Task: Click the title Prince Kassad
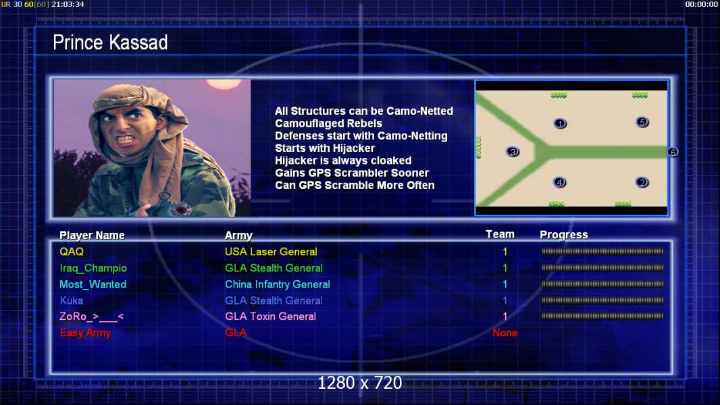coord(110,43)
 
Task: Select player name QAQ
coord(72,252)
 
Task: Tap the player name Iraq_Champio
coord(93,269)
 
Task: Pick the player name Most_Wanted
coord(93,284)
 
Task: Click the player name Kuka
coord(72,301)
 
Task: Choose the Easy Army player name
coord(85,333)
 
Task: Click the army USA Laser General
coord(271,252)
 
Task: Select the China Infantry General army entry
coord(278,284)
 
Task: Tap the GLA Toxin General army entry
coord(270,317)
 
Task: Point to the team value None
coord(505,333)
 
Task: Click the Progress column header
coord(564,235)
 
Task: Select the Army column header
coord(239,236)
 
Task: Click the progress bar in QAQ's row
coord(602,251)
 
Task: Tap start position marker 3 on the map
coord(513,151)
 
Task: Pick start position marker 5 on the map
coord(642,122)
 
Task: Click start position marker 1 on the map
coord(560,124)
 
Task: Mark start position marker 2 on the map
coord(642,182)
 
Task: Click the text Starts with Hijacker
coord(325,148)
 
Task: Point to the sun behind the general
coord(224,84)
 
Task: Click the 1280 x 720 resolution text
coord(360,383)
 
